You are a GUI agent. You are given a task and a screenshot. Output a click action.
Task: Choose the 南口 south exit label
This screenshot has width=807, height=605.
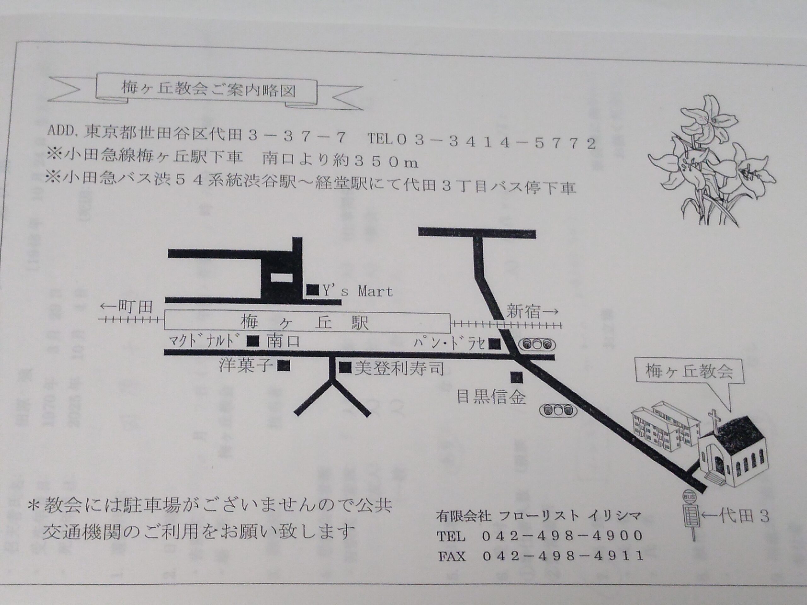pos(283,341)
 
